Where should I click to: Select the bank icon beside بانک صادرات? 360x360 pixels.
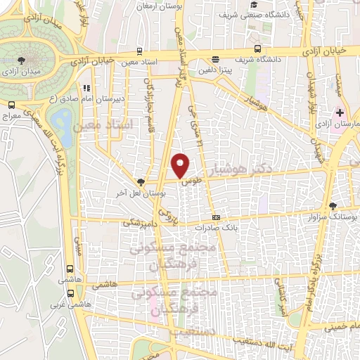216,217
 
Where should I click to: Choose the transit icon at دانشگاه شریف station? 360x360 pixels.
258,49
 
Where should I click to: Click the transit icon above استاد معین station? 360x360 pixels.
141,51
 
